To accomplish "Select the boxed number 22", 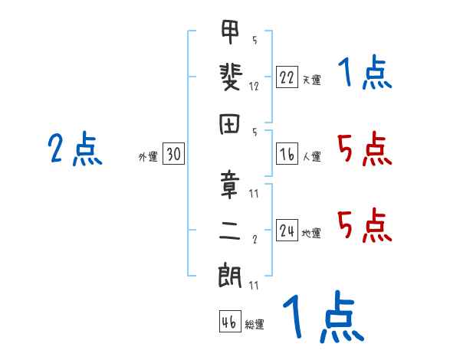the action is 287,77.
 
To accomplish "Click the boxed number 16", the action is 287,155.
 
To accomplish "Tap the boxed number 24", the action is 287,231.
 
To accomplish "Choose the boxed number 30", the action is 173,155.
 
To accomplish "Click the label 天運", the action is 311,80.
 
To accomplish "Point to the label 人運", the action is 311,158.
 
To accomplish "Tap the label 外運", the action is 148,158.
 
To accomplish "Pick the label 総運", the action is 255,325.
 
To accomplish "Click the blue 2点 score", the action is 74,149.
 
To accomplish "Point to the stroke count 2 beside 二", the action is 254,239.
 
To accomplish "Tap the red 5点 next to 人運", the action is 365,149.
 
